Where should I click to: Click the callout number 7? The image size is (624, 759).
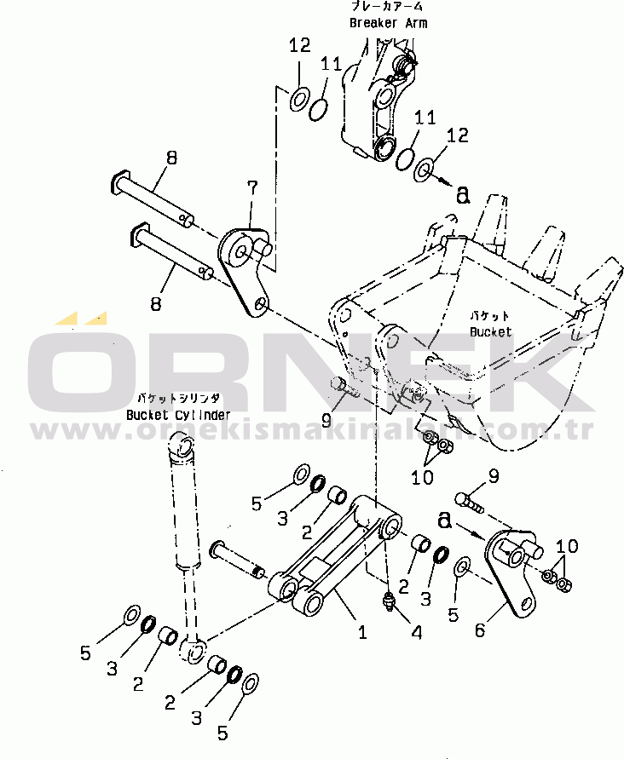[251, 187]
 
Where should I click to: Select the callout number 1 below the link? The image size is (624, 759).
[361, 632]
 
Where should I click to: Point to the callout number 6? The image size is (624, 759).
[481, 630]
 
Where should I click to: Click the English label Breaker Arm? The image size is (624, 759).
[388, 23]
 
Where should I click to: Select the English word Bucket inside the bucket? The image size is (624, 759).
[490, 331]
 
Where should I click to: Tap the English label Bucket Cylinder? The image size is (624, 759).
[177, 415]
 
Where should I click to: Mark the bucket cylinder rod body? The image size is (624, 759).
[187, 511]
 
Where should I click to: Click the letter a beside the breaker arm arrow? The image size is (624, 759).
[463, 195]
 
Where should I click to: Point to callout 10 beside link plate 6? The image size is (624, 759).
[566, 545]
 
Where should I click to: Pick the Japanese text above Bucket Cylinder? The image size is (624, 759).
[178, 398]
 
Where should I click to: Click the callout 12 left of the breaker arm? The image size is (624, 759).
[299, 47]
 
